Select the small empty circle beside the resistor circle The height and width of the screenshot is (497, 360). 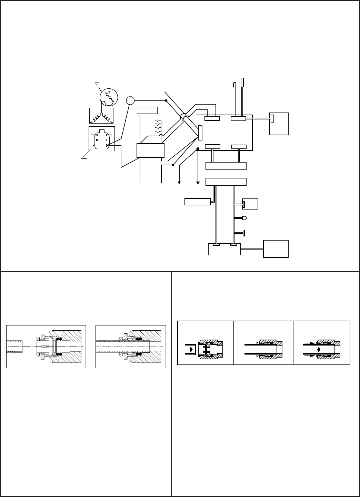130,100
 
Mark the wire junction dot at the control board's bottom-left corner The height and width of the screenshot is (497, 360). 198,149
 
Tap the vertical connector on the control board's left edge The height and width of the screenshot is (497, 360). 200,133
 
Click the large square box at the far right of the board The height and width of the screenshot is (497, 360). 279,124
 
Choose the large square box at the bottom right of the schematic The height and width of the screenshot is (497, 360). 276,248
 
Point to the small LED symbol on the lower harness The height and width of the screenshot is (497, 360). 245,218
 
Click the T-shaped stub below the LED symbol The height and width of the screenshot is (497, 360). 243,233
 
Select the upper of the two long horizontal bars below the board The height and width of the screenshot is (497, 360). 226,166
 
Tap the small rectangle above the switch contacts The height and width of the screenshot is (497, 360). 147,110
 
